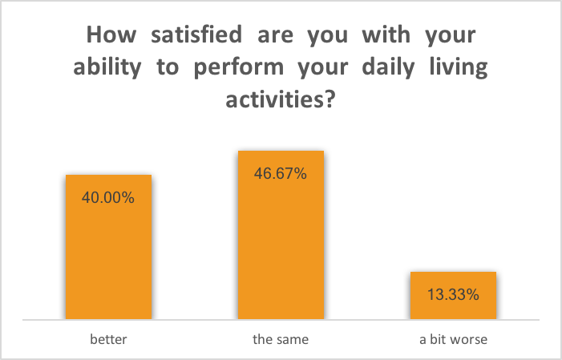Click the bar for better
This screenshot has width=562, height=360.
click(108, 247)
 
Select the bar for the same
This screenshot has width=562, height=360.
click(281, 235)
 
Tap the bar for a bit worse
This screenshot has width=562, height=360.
click(454, 296)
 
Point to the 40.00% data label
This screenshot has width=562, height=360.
click(108, 197)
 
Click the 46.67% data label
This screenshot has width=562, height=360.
click(281, 173)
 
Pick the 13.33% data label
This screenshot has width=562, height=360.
click(453, 295)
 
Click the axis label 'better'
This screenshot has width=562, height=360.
click(108, 339)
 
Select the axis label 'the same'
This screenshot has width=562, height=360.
click(281, 339)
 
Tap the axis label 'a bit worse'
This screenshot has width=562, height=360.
click(454, 339)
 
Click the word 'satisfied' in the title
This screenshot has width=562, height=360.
click(196, 34)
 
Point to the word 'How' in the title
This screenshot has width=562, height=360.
click(111, 34)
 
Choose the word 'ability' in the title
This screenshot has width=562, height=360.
click(107, 68)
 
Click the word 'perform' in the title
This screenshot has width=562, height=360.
click(239, 68)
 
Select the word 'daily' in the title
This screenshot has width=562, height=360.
click(388, 68)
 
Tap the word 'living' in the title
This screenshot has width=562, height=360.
click(459, 68)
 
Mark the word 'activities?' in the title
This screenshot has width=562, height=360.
click(281, 99)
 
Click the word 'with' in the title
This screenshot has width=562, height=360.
click(386, 34)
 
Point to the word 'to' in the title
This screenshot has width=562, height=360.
click(168, 68)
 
